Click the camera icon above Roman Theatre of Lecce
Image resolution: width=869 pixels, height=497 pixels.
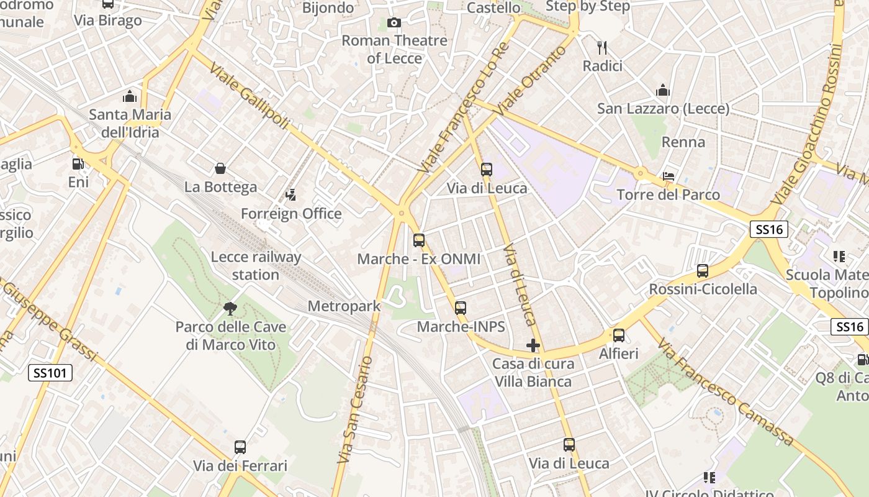click(394, 23)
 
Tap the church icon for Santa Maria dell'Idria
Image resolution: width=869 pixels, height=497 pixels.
click(129, 96)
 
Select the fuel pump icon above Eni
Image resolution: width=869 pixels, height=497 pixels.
click(78, 164)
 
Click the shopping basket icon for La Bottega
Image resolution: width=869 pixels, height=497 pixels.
click(220, 168)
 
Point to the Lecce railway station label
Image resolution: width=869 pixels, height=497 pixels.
click(256, 266)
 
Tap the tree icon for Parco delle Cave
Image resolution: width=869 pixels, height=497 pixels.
click(230, 308)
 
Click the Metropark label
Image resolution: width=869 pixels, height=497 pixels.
click(344, 306)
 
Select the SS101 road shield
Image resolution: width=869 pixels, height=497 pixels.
click(50, 373)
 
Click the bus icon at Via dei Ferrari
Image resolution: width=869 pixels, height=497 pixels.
click(240, 447)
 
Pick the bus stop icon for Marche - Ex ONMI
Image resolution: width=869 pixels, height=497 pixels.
click(419, 240)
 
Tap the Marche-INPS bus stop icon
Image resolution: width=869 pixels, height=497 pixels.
click(460, 308)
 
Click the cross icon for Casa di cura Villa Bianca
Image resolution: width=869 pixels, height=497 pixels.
click(533, 345)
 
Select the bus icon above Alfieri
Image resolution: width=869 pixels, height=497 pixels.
click(619, 335)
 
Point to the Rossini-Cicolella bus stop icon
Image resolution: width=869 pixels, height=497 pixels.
click(702, 271)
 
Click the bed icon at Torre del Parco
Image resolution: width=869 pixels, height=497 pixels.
click(669, 176)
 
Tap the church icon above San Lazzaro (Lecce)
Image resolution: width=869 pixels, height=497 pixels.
click(663, 91)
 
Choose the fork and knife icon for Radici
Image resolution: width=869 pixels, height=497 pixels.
click(601, 48)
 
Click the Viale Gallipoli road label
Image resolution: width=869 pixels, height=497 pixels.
click(250, 96)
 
